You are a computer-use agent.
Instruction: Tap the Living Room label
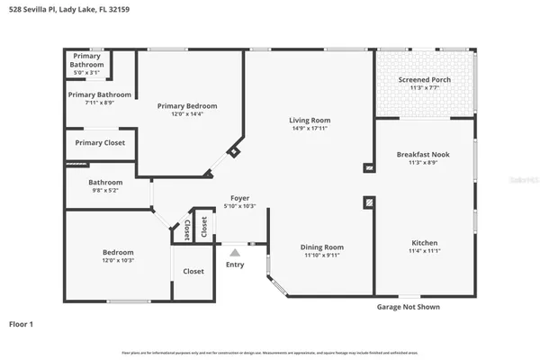click(310, 121)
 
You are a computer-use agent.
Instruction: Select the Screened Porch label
click(424, 79)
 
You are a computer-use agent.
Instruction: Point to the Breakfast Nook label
click(423, 154)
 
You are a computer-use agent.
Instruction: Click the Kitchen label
click(424, 243)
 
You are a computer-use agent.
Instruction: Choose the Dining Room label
click(321, 247)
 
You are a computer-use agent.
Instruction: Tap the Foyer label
click(239, 198)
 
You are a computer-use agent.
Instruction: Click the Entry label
click(235, 265)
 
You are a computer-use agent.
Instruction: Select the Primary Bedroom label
click(187, 106)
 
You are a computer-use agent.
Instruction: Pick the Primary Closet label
click(100, 142)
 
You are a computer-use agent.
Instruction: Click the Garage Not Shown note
click(408, 307)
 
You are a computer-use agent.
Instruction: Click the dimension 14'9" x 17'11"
click(310, 129)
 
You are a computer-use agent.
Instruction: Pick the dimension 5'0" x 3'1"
click(88, 72)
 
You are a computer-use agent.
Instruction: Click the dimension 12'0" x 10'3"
click(118, 260)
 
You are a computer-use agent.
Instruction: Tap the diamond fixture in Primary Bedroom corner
click(234, 152)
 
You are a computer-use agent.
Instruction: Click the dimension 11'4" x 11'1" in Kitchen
click(424, 251)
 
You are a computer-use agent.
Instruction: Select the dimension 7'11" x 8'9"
click(100, 103)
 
